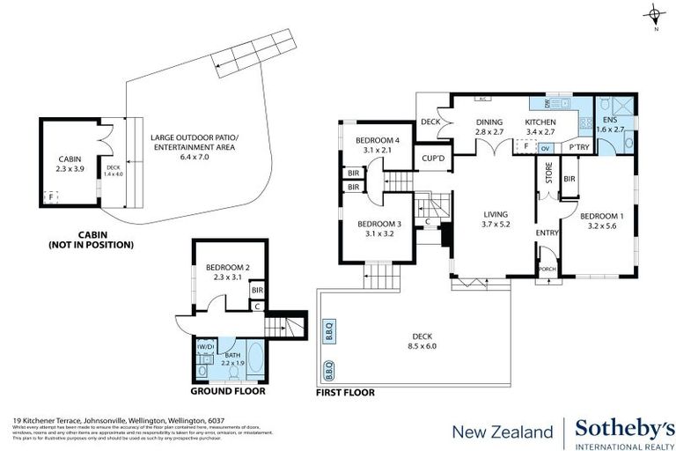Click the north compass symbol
[x=656, y=15]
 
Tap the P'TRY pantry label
[x=578, y=147]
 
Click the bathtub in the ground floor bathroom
[x=256, y=359]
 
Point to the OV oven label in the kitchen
[x=546, y=147]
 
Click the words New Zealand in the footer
[x=502, y=432]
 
